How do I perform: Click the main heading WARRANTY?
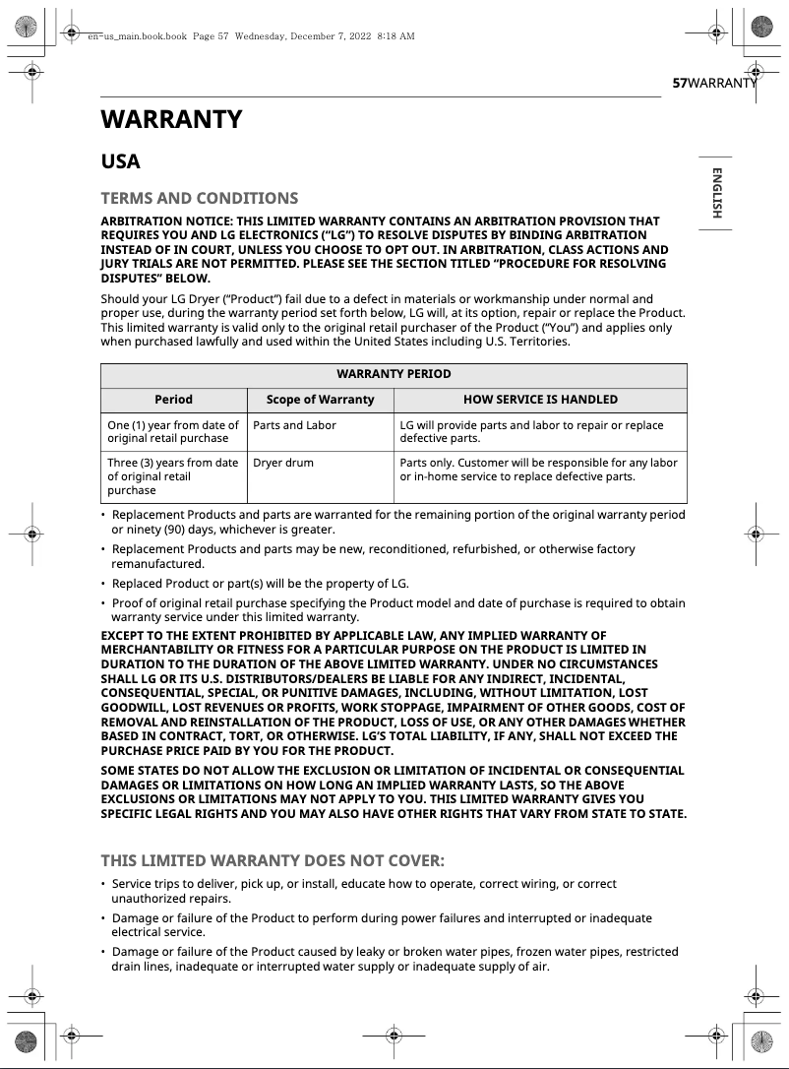(x=171, y=120)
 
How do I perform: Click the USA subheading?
(x=121, y=161)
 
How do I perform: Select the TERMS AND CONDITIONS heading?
(x=199, y=198)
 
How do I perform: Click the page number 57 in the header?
(x=679, y=84)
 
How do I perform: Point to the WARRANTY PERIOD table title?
(x=394, y=374)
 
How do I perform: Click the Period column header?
(x=173, y=400)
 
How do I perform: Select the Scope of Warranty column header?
(x=320, y=400)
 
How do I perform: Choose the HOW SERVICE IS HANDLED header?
(x=540, y=400)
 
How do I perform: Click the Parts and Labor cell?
(x=294, y=425)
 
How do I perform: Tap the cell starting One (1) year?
(x=173, y=432)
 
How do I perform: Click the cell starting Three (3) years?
(x=173, y=476)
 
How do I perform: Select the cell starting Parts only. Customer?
(x=538, y=470)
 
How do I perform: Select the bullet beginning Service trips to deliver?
(x=364, y=891)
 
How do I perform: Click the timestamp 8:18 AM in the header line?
(x=395, y=36)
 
